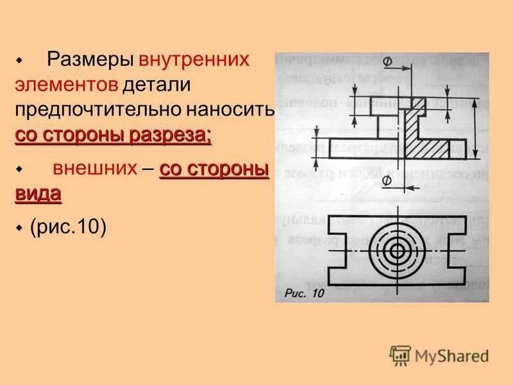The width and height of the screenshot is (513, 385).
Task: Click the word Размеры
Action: click(90, 60)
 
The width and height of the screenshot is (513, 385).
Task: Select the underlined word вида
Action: click(38, 194)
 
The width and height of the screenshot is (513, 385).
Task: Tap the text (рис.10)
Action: click(68, 228)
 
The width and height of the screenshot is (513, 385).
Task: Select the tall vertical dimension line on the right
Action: click(475, 129)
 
